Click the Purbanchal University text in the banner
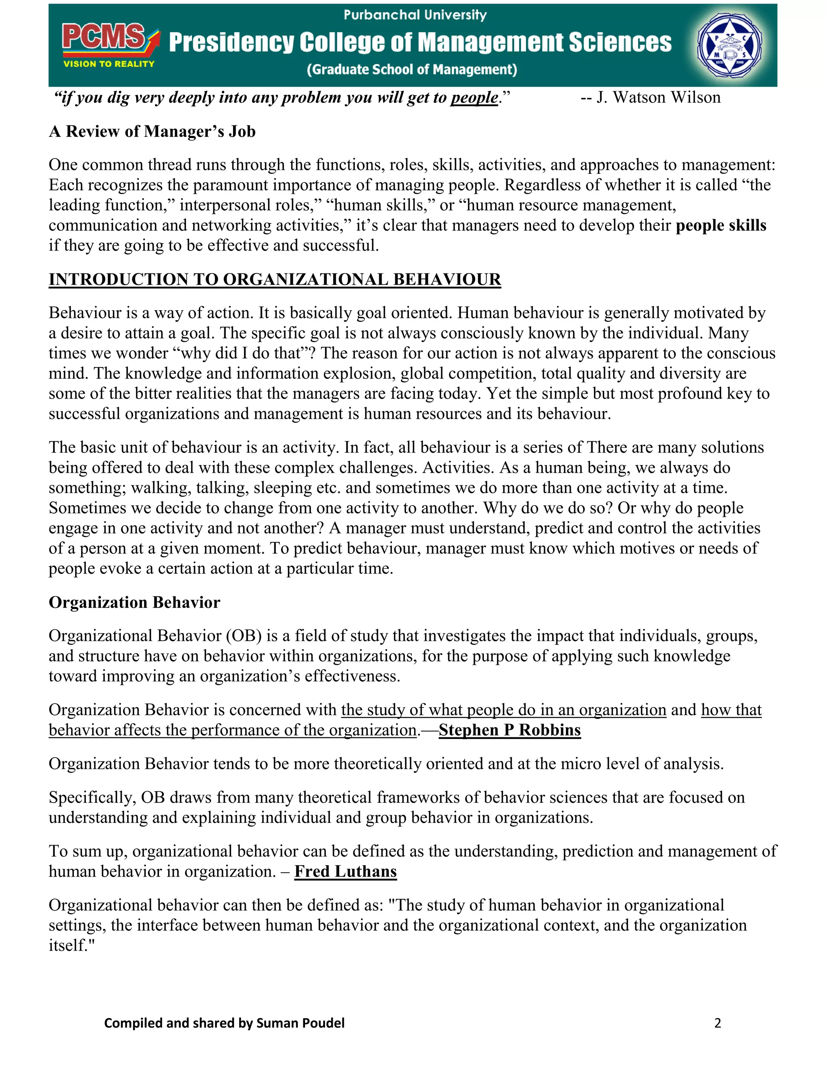pyautogui.click(x=415, y=15)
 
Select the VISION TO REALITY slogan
pyautogui.click(x=108, y=64)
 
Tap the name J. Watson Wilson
pyautogui.click(x=658, y=97)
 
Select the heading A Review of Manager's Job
pyautogui.click(x=152, y=131)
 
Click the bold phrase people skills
pyautogui.click(x=721, y=225)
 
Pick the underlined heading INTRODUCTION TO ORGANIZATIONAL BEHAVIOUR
pyautogui.click(x=275, y=279)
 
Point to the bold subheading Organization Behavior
pyautogui.click(x=135, y=602)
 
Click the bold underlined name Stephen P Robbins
pyautogui.click(x=509, y=730)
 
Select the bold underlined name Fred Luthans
pyautogui.click(x=346, y=872)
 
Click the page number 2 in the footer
pyautogui.click(x=718, y=1023)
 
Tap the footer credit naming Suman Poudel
pyautogui.click(x=224, y=1023)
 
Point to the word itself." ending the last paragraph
pyautogui.click(x=71, y=946)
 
